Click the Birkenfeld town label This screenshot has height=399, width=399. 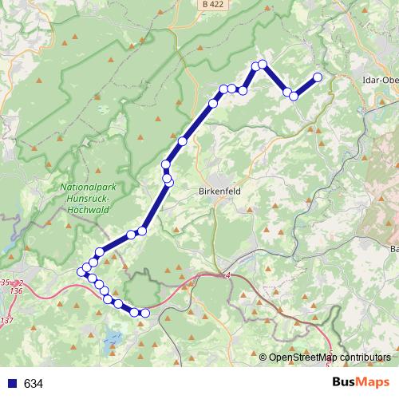click(219, 192)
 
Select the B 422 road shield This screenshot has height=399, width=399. click(211, 5)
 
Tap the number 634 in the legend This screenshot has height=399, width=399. click(34, 384)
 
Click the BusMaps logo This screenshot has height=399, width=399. click(357, 383)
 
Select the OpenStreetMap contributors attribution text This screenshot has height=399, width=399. click(330, 357)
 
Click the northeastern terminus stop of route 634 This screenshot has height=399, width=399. click(318, 77)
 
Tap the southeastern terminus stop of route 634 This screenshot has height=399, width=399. click(144, 313)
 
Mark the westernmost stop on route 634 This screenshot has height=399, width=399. click(81, 272)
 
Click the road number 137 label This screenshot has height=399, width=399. click(8, 320)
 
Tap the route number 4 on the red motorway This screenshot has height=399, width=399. click(227, 275)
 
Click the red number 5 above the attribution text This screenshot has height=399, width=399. click(330, 350)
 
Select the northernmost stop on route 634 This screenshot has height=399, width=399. click(262, 64)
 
